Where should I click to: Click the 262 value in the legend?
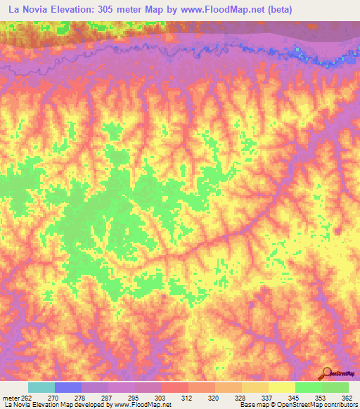tap(25, 397)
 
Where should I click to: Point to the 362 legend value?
tap(347, 397)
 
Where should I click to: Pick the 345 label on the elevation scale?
tap(294, 397)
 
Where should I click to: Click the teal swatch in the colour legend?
tap(41, 387)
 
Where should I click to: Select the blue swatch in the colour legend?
tap(68, 387)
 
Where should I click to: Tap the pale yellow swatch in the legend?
tap(281, 387)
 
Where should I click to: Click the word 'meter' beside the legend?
tap(9, 397)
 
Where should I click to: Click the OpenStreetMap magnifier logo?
tap(328, 372)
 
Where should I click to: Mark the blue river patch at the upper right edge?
tap(330, 60)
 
